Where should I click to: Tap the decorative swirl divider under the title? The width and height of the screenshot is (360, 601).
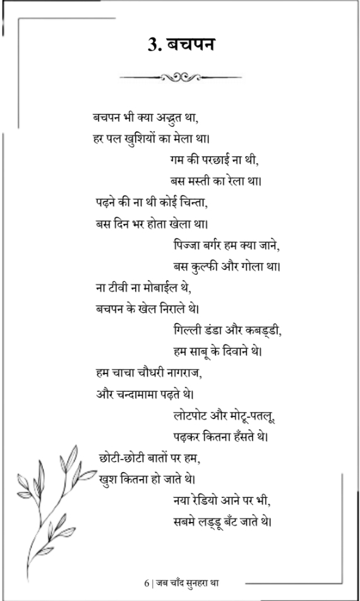[180, 78]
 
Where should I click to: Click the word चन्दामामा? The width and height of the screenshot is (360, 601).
[148, 394]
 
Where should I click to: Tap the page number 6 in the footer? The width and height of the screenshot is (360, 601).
[146, 581]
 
